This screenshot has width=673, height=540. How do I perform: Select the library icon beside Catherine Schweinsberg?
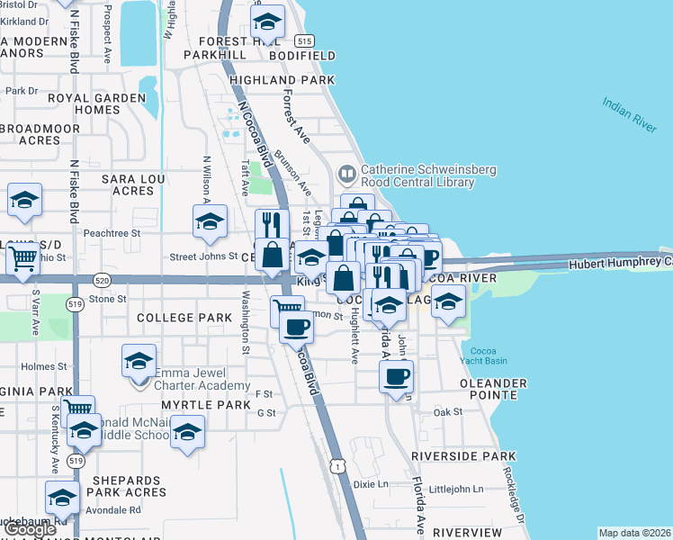tap(346, 171)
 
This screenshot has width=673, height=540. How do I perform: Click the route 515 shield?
tap(304, 41)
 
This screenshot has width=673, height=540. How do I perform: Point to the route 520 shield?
tap(101, 281)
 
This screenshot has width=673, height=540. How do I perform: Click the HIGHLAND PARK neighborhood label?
tap(282, 80)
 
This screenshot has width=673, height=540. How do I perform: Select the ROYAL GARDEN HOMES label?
tap(85, 103)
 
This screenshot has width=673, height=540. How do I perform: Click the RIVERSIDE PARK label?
tap(463, 456)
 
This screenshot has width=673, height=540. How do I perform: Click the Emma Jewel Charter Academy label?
tap(202, 379)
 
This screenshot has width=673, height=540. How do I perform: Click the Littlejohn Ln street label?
tap(456, 490)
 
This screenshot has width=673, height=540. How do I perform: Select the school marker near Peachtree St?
tap(210, 221)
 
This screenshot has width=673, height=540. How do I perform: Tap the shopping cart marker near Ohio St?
tap(23, 259)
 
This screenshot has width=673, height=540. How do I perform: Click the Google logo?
tap(29, 529)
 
